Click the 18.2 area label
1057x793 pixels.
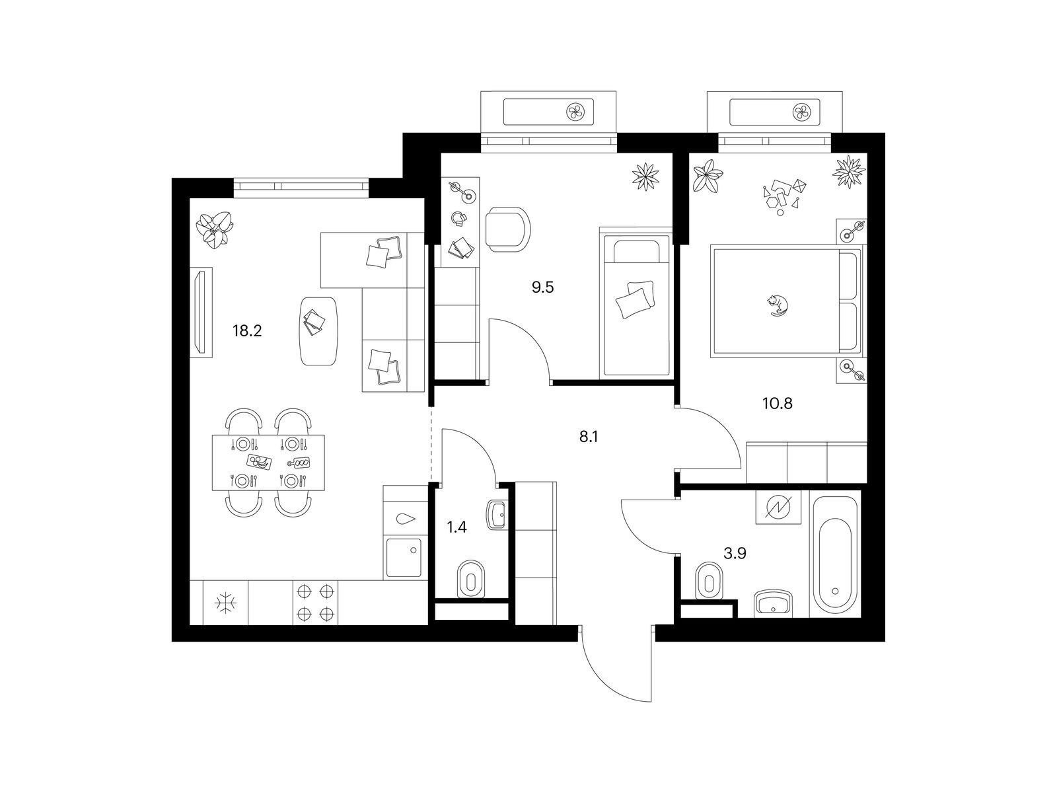[247, 331]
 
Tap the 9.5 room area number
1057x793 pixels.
[543, 287]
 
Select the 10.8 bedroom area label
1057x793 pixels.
[777, 403]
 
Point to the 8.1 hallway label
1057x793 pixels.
[589, 437]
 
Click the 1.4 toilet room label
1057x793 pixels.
[456, 527]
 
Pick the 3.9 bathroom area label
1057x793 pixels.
[735, 553]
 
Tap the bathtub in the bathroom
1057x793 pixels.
[835, 554]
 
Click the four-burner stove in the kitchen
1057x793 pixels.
[315, 602]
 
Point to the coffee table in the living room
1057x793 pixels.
[319, 331]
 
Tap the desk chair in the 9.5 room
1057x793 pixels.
[507, 229]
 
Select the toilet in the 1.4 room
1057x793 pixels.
[470, 579]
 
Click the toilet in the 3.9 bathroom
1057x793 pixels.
[710, 580]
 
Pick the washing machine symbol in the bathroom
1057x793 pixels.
[778, 506]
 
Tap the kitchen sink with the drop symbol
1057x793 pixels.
[406, 519]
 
